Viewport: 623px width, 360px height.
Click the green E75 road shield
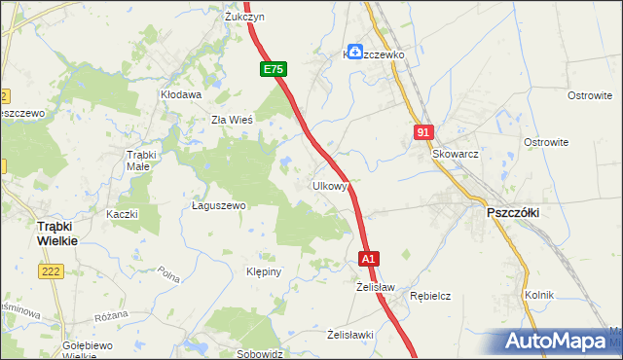tap(274, 70)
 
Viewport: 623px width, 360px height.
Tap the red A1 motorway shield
tap(368, 260)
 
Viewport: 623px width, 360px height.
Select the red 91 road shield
tap(421, 132)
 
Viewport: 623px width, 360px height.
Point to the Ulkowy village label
tap(330, 185)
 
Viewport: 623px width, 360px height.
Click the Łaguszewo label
tap(219, 206)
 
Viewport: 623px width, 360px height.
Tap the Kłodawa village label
tap(181, 95)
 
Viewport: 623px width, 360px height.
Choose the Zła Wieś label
tap(233, 121)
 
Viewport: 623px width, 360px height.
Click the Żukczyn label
tap(245, 18)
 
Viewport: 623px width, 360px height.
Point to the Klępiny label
tap(264, 271)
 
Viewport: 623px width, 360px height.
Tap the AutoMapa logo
tap(559, 342)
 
